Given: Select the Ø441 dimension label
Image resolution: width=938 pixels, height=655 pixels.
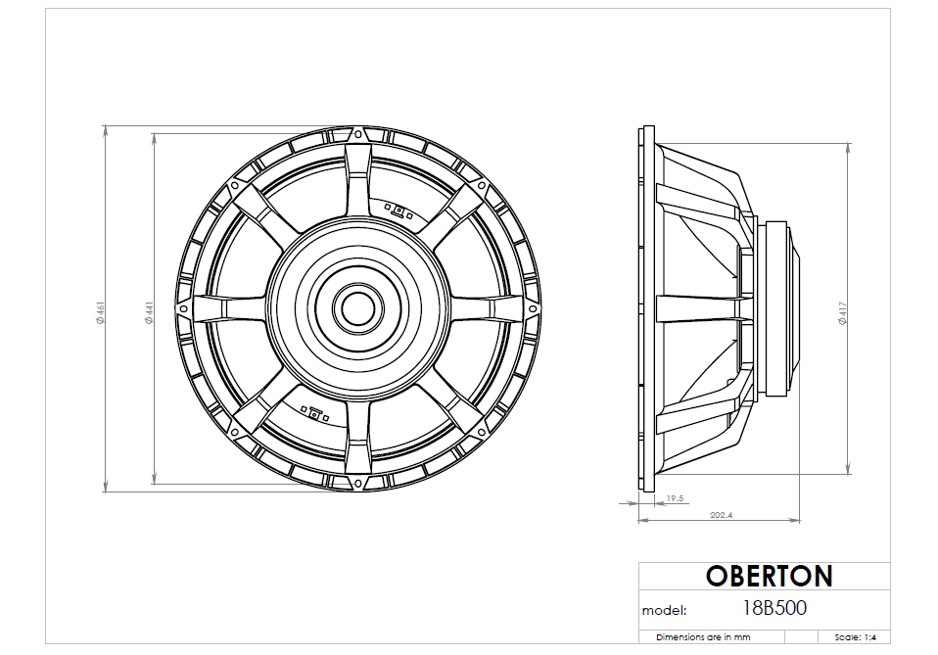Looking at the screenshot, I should click(x=150, y=312).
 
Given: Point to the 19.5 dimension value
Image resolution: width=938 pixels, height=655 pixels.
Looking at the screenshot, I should click(x=675, y=499).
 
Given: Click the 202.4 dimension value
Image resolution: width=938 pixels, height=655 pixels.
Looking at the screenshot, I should click(x=721, y=515).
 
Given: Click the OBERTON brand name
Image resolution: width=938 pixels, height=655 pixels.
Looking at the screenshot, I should click(x=769, y=576).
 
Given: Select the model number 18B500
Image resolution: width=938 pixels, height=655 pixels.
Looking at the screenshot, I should click(x=774, y=608).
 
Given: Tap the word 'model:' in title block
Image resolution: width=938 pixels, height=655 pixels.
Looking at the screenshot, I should click(x=665, y=610).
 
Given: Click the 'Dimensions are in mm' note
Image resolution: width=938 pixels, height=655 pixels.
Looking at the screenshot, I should click(x=702, y=637).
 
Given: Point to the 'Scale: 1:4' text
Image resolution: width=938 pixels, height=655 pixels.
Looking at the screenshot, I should click(x=856, y=637).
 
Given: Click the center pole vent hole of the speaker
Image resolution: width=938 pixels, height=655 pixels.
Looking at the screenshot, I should click(x=358, y=308).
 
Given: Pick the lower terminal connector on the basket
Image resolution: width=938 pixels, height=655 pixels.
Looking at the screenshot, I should click(x=315, y=412).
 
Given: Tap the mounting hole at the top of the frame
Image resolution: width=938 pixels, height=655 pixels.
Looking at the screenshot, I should click(x=358, y=134).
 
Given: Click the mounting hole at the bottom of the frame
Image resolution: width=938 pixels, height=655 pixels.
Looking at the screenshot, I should click(x=358, y=485).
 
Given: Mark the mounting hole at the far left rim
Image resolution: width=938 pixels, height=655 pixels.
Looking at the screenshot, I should click(x=182, y=309).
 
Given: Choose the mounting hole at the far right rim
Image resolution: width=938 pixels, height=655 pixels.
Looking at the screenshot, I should click(x=535, y=309).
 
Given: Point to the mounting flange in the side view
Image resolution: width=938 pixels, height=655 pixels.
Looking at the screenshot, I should click(x=645, y=308).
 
